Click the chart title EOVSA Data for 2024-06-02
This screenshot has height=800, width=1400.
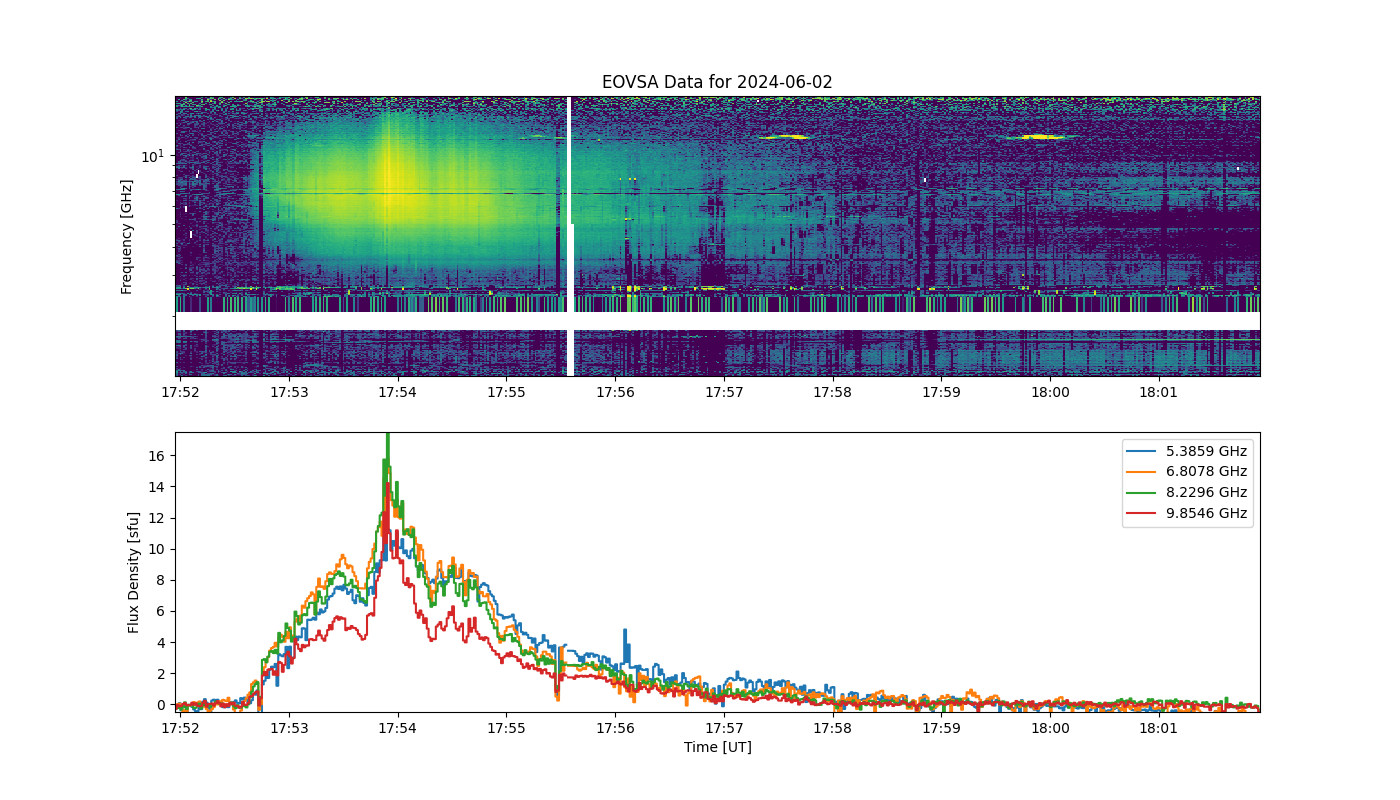pyautogui.click(x=717, y=82)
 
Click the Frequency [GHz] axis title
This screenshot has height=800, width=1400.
pyautogui.click(x=126, y=237)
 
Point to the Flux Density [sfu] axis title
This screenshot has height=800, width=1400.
pyautogui.click(x=132, y=572)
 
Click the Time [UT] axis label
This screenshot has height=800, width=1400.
pyautogui.click(x=718, y=747)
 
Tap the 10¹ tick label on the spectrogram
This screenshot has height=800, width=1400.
pyautogui.click(x=153, y=156)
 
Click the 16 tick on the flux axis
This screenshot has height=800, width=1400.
pyautogui.click(x=157, y=456)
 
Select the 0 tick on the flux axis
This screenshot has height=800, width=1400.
pyautogui.click(x=161, y=705)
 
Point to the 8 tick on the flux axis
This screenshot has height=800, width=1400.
pyautogui.click(x=161, y=581)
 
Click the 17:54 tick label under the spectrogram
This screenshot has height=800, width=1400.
pyautogui.click(x=398, y=392)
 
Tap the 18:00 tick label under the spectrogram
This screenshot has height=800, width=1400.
pyautogui.click(x=1050, y=392)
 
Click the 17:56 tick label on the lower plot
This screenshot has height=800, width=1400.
pyautogui.click(x=615, y=728)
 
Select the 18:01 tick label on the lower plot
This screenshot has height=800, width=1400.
pyautogui.click(x=1158, y=728)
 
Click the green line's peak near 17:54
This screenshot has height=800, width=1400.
pyautogui.click(x=388, y=436)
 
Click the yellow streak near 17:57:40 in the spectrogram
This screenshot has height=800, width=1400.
pyautogui.click(x=785, y=137)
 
